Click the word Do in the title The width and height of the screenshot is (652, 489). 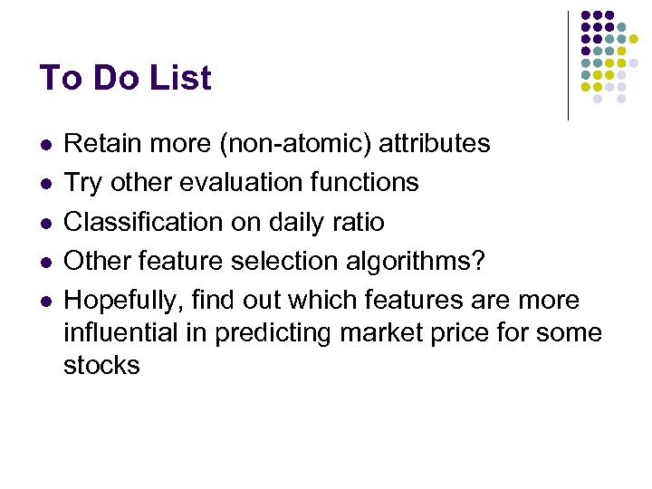(113, 78)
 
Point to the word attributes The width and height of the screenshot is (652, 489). (435, 143)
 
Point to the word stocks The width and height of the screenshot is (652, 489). (101, 365)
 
